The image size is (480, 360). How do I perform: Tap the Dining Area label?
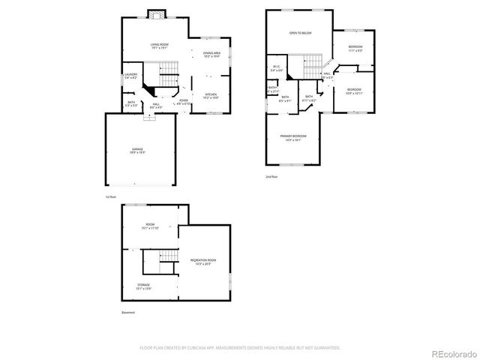(211, 54)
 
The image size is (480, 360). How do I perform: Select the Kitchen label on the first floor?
(211, 96)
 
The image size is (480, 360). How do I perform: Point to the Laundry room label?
(130, 76)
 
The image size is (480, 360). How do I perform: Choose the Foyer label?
(184, 101)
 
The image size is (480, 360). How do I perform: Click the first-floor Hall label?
(156, 106)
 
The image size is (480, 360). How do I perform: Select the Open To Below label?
(301, 34)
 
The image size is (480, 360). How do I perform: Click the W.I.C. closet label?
(276, 69)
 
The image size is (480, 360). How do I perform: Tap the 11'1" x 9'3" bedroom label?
(355, 49)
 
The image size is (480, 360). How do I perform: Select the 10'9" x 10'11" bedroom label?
(353, 91)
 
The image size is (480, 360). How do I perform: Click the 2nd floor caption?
(271, 176)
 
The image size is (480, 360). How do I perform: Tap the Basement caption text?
(129, 312)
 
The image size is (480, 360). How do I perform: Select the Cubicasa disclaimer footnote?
(240, 348)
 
